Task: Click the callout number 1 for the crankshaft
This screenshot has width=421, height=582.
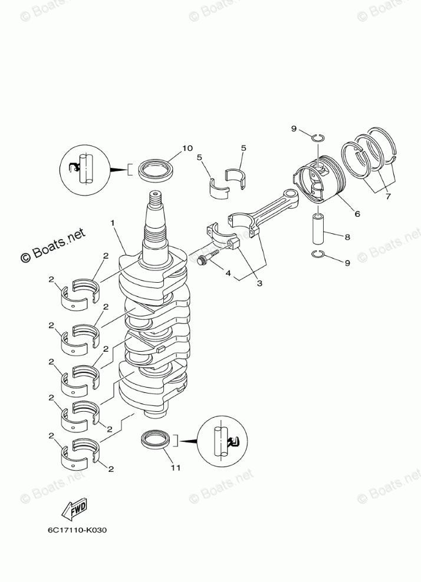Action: coord(112,223)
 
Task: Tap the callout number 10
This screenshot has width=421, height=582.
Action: coord(188,148)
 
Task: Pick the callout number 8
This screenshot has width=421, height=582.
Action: coord(347,237)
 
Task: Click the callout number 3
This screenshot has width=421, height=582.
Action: coord(259,283)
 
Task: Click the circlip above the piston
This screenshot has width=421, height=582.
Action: coord(317,137)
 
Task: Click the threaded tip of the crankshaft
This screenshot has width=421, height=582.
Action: coord(153,199)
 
